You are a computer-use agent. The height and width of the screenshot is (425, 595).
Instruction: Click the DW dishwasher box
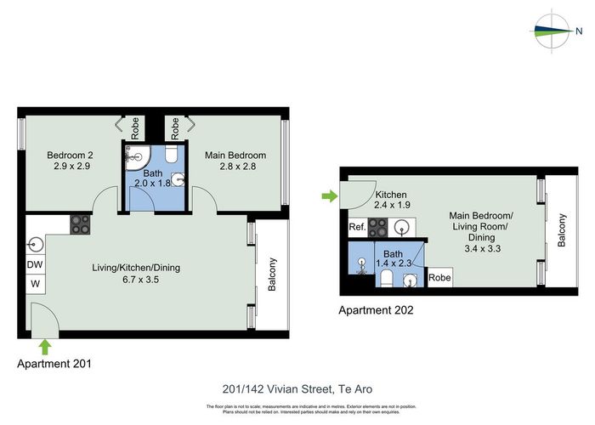click(36, 265)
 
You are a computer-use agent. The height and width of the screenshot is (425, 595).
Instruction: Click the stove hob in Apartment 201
click(80, 224)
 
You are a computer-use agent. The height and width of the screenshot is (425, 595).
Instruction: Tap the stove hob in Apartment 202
click(377, 228)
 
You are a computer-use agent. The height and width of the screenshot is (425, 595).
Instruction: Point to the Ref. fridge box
click(357, 228)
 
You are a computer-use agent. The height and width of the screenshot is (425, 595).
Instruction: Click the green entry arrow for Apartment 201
click(44, 345)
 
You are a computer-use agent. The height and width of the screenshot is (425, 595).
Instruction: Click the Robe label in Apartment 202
click(439, 278)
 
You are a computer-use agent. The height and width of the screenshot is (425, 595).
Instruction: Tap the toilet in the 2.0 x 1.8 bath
click(171, 153)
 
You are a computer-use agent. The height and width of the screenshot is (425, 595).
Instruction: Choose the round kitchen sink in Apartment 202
click(402, 228)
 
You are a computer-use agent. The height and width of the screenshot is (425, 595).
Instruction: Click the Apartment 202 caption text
click(377, 311)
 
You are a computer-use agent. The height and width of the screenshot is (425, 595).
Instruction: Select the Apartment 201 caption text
click(54, 363)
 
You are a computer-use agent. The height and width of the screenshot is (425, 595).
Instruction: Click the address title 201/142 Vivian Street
click(297, 389)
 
